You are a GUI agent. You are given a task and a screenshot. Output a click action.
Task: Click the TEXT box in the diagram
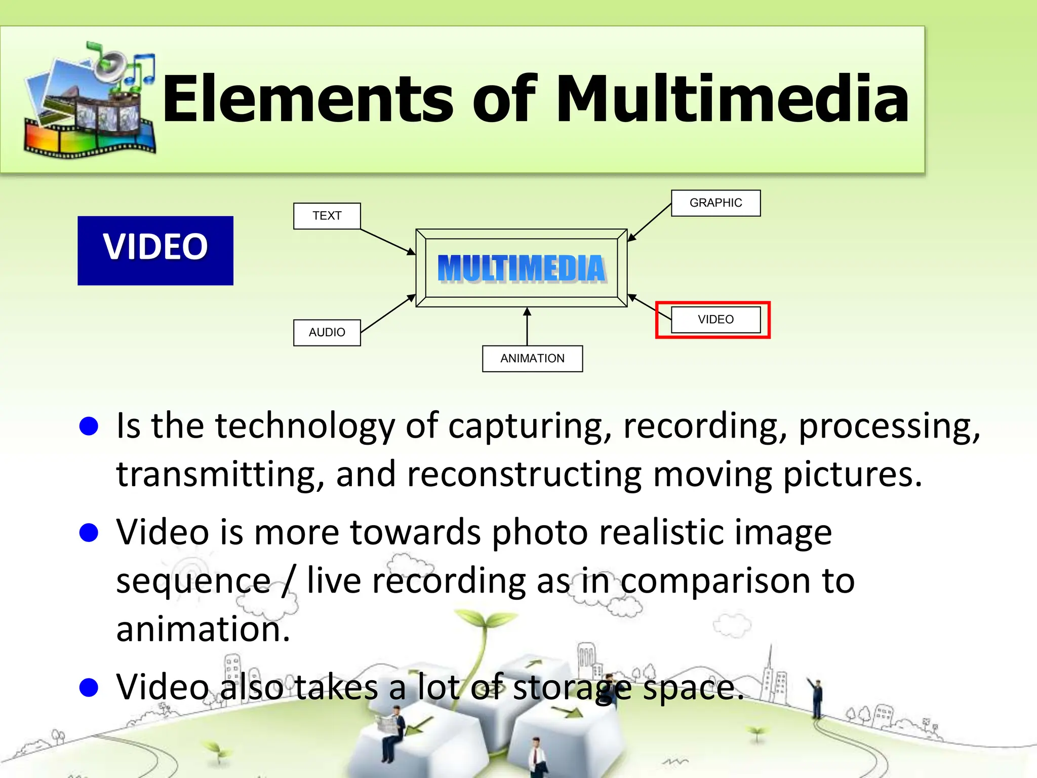(x=327, y=216)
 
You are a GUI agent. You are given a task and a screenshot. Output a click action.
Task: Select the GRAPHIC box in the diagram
(x=715, y=203)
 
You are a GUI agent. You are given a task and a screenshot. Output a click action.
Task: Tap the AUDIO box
(x=327, y=332)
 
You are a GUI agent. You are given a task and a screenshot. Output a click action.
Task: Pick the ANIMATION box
(x=532, y=359)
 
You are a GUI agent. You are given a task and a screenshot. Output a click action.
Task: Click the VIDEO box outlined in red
(x=715, y=320)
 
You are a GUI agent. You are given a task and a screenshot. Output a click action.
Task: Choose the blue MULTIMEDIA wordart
(x=522, y=268)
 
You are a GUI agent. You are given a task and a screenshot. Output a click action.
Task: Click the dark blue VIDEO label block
(x=155, y=250)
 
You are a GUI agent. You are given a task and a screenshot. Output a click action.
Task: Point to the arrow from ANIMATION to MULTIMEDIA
(x=527, y=326)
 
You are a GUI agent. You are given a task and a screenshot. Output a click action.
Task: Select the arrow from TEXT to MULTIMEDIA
(x=387, y=242)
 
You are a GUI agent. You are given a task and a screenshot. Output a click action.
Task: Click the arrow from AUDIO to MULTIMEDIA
(x=387, y=314)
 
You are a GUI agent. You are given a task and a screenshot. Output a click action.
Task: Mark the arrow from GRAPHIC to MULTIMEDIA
(x=650, y=222)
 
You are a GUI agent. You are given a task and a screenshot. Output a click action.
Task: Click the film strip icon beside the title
(x=90, y=101)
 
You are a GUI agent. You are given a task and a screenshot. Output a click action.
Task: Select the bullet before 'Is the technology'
(x=89, y=426)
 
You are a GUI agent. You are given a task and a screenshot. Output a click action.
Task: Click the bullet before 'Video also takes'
(x=89, y=688)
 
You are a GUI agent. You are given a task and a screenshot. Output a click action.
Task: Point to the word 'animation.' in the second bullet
(x=203, y=630)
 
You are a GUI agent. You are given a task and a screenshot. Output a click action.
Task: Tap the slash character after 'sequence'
(x=289, y=581)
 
